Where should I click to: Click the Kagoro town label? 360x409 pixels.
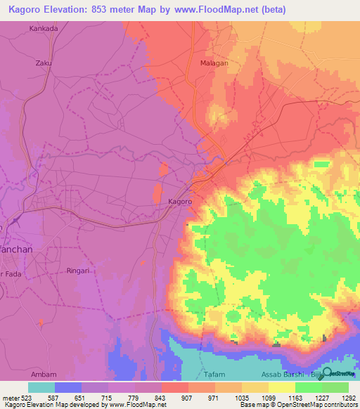180,201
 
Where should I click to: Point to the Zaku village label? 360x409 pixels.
44,62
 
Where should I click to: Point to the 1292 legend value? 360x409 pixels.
349,397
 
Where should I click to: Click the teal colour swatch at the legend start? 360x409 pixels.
41,387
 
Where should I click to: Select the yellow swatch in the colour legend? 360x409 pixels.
282,387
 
